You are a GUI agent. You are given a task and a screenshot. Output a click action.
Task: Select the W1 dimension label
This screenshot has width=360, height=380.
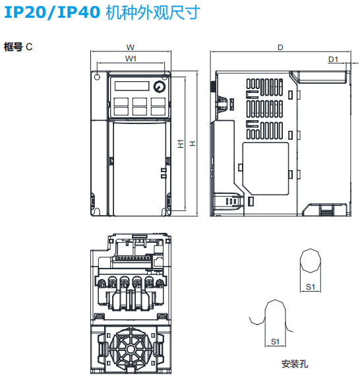pyautogui.click(x=131, y=59)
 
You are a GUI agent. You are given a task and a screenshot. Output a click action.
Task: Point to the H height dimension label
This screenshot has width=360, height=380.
pyautogui.click(x=192, y=143)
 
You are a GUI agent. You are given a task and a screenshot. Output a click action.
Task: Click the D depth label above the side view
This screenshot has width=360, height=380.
pyautogui.click(x=280, y=47)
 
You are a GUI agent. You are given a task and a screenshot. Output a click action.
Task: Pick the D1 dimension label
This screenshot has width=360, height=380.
pyautogui.click(x=333, y=59)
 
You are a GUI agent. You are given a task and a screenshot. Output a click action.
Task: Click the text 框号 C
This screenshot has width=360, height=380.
pyautogui.click(x=18, y=47)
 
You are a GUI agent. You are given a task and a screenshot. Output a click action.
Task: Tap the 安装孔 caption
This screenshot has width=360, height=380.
pyautogui.click(x=294, y=363)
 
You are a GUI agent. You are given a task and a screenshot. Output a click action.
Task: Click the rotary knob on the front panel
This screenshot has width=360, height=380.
pyautogui.click(x=159, y=87)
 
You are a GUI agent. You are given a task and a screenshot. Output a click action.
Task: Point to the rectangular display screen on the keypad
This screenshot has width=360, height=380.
pyautogui.click(x=131, y=86)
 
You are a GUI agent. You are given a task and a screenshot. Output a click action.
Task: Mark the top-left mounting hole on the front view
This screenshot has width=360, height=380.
pyautogui.click(x=98, y=78)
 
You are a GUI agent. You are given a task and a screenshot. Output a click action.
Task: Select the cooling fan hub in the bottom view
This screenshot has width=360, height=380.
pyautogui.click(x=130, y=347)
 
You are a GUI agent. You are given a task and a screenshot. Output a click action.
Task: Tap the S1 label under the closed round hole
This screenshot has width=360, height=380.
pyautogui.click(x=311, y=286)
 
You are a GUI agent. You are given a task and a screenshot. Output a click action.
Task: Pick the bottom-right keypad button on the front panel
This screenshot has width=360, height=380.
pyautogui.click(x=157, y=111)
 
